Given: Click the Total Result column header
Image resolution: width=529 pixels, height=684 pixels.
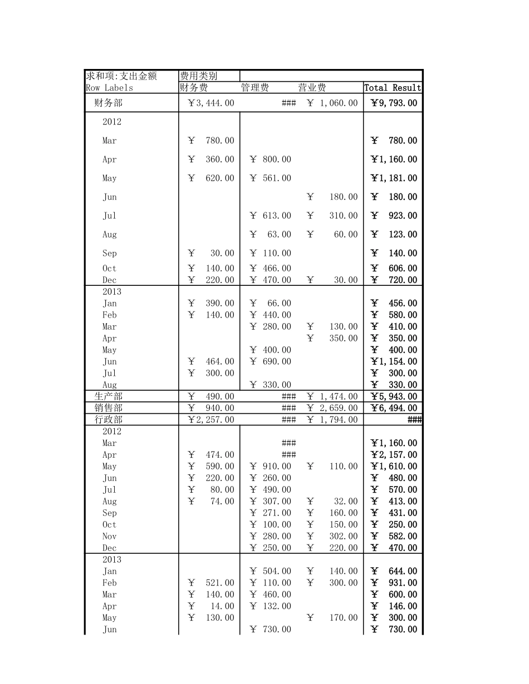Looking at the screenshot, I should point(393,88).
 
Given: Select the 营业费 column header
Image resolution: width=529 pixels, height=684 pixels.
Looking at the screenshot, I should point(312,88).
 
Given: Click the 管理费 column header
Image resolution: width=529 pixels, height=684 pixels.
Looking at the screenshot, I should point(255,88).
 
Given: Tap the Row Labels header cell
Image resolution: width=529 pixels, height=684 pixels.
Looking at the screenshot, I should point(110,88).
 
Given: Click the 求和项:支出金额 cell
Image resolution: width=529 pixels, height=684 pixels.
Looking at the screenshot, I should point(121,76).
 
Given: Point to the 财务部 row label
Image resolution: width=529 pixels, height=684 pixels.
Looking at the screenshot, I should point(109,103).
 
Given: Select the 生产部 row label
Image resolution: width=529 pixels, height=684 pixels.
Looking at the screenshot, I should point(109,396).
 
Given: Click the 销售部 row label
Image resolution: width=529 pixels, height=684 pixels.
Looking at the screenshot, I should point(109,408).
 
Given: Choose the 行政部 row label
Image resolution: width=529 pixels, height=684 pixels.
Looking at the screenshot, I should point(109,420).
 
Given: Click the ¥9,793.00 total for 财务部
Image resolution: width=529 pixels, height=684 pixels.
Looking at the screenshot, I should point(394,103).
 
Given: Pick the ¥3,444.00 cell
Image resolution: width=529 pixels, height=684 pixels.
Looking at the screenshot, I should point(211,103).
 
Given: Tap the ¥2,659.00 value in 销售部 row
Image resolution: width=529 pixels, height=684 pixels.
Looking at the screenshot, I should point(332,408).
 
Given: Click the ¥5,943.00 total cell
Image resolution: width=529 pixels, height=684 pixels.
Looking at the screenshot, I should point(394,396).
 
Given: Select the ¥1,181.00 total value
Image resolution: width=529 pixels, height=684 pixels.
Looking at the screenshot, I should point(394,179).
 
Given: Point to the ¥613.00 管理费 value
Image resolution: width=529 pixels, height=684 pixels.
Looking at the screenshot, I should point(271,216).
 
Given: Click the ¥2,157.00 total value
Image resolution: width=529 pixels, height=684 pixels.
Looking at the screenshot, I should point(394,455).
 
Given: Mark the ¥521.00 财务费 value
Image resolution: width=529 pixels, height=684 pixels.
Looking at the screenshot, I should point(211,583).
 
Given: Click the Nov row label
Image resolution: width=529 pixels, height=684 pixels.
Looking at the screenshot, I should point(110,537).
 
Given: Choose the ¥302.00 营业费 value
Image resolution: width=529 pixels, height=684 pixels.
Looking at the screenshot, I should point(332,537).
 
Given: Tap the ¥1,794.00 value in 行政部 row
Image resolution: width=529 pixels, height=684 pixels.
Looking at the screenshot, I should point(332,420).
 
